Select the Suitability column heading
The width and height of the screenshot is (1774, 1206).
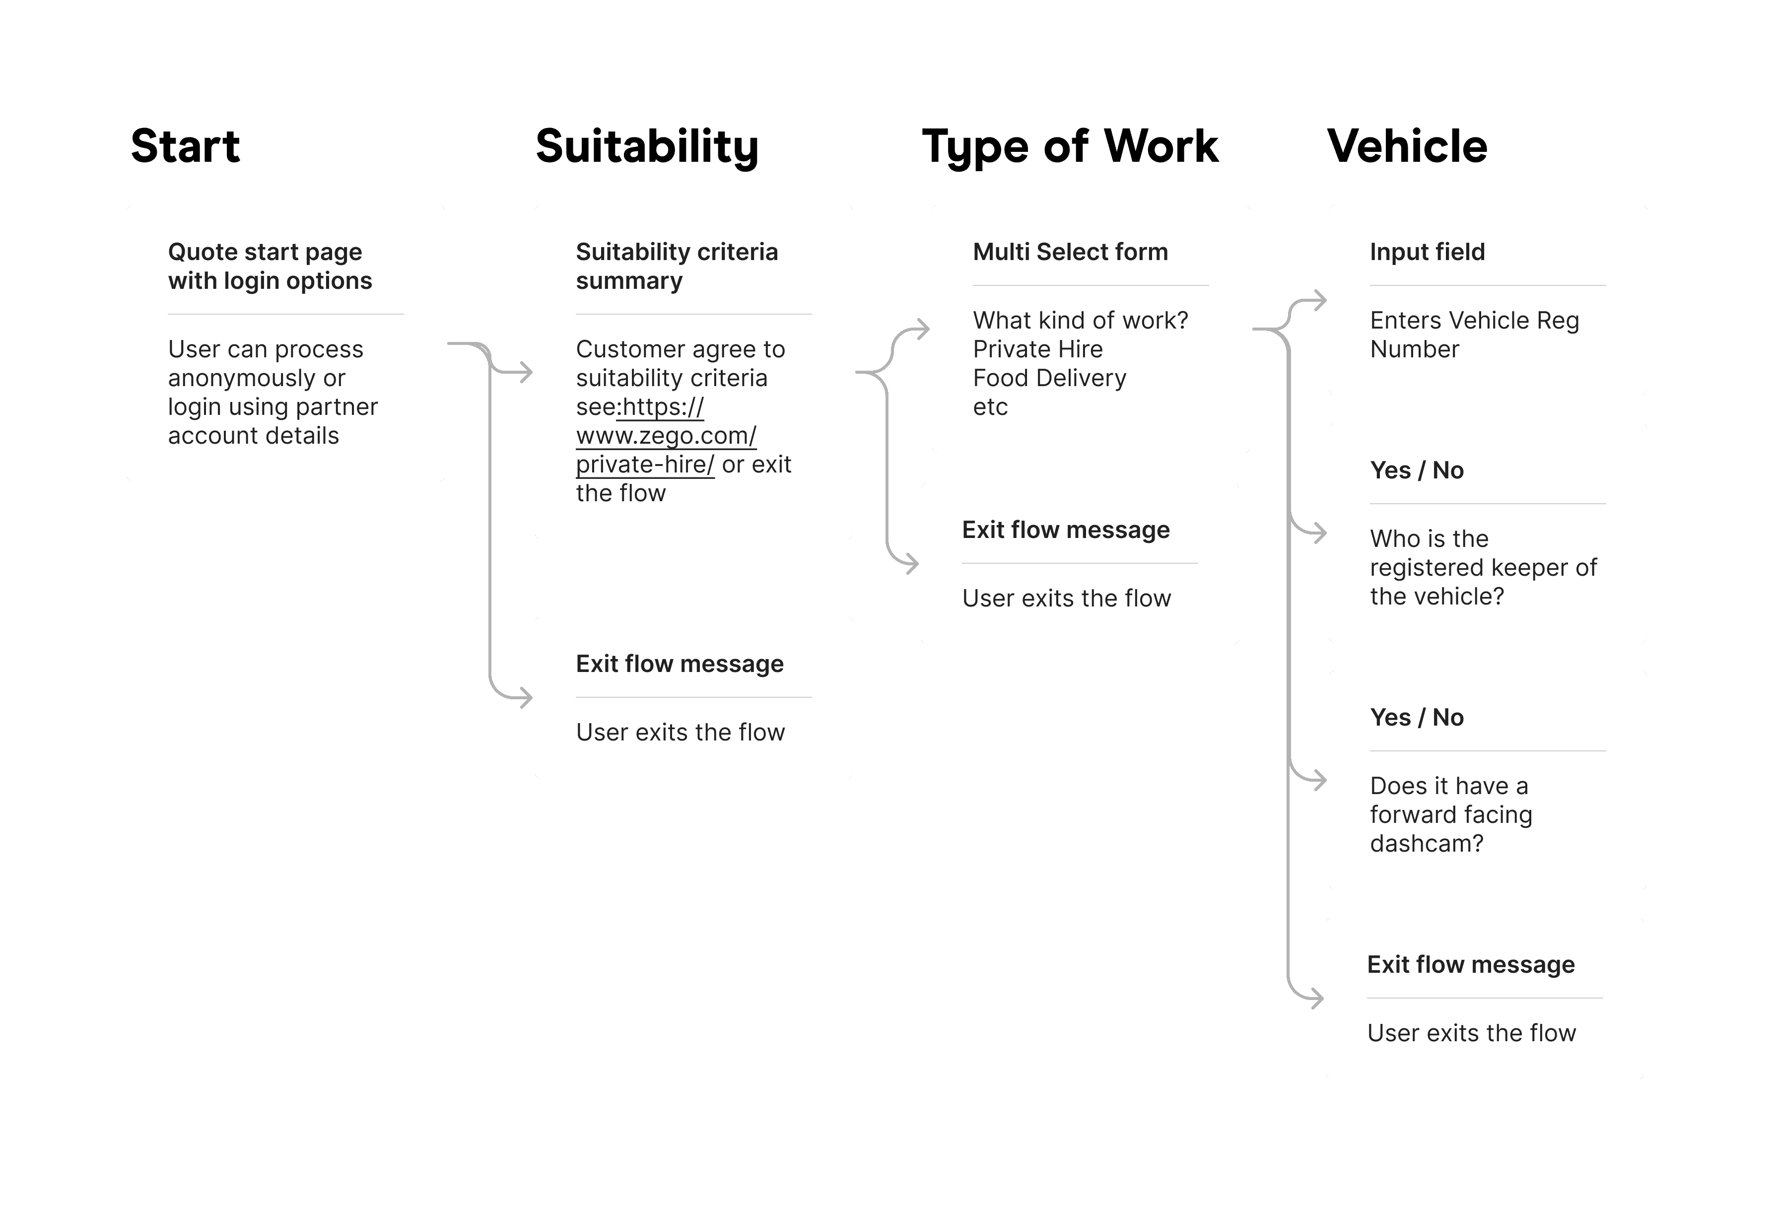[647, 146]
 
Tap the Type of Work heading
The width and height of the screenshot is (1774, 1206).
[1070, 146]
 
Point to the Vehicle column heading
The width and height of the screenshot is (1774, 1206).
[1407, 146]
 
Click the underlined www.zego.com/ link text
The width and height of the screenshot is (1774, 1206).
[666, 436]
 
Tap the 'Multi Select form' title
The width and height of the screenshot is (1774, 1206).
[1070, 252]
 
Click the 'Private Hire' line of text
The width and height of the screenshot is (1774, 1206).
[1037, 349]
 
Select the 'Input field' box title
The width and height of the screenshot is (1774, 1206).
[1427, 252]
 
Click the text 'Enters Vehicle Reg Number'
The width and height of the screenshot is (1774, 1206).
[1473, 335]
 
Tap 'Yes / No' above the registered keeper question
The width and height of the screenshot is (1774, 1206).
[1416, 470]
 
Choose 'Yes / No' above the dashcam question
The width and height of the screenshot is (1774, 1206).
[1416, 718]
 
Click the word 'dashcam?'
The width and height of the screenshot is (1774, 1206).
[1426, 843]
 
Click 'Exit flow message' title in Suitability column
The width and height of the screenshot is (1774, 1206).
[680, 664]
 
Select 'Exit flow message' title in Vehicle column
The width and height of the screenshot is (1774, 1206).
[1470, 965]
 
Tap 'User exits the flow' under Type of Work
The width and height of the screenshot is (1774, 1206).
[1066, 599]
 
